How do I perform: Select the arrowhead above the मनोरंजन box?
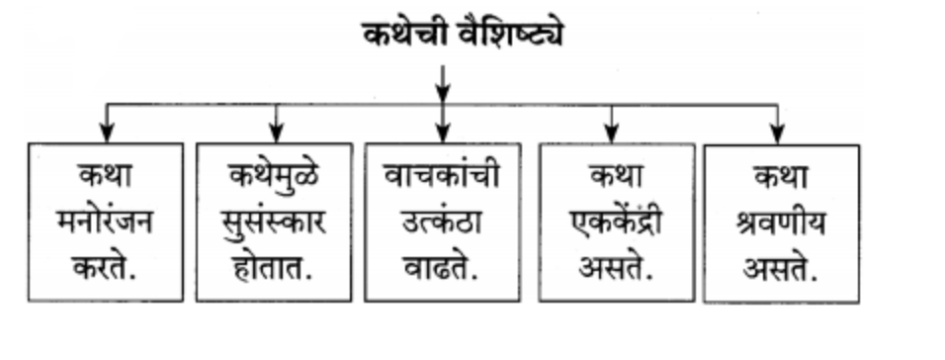point(107,132)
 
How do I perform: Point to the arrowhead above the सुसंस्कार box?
point(276,132)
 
